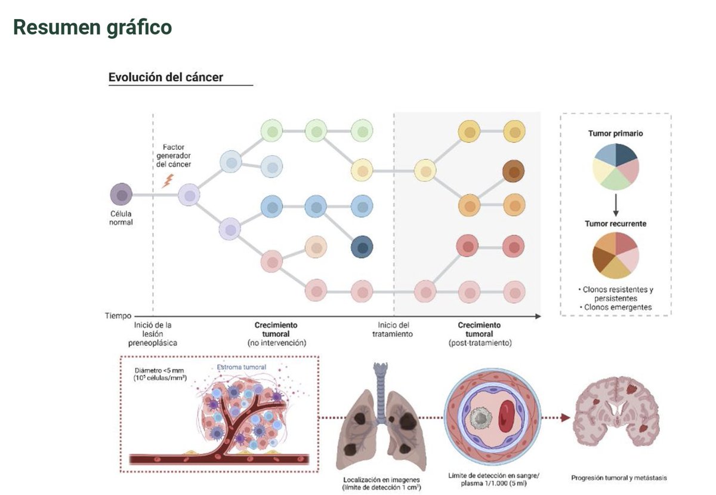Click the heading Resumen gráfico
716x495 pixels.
coord(92,27)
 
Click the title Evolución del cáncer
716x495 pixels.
coord(166,77)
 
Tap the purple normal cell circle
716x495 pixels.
coord(122,195)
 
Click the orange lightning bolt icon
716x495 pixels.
coord(168,180)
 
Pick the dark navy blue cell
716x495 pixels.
coord(362,246)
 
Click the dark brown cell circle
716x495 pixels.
coord(514,171)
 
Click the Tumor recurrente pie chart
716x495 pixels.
coord(616,255)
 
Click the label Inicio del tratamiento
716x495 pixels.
coord(393,330)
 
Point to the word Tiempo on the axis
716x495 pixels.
coord(118,315)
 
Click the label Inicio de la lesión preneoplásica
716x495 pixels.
coord(153,334)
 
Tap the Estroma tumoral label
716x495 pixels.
coord(242,367)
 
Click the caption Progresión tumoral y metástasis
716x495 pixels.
coord(618,478)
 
